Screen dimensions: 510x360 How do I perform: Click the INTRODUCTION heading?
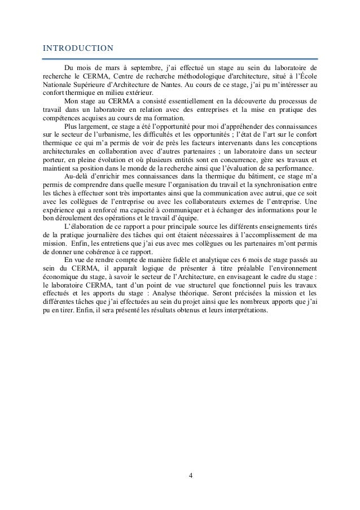click(78, 47)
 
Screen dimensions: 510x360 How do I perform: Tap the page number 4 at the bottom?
click(190, 474)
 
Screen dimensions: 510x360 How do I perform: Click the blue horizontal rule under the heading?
click(180, 58)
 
